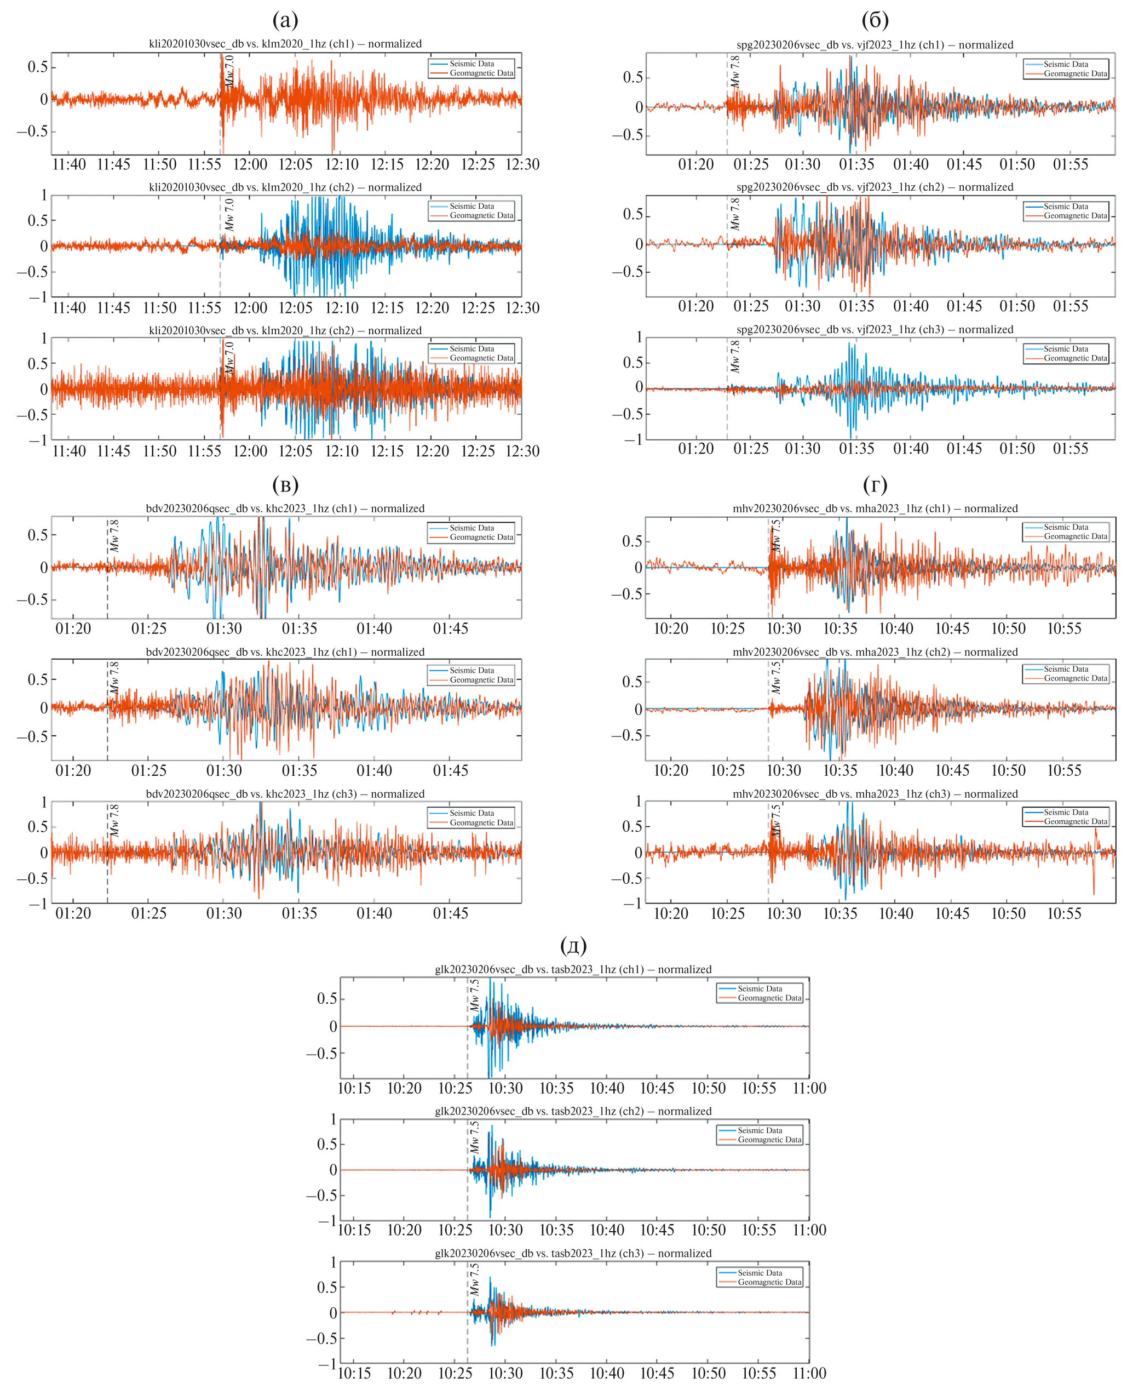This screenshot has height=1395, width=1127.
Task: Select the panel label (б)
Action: point(875,21)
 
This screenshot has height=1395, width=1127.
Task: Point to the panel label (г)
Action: point(875,484)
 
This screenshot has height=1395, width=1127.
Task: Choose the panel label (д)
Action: point(573,946)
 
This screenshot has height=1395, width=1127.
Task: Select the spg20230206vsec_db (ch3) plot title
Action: point(875,329)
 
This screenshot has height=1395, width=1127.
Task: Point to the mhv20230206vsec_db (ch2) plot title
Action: point(875,651)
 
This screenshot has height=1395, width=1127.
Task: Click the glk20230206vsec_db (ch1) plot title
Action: point(573,969)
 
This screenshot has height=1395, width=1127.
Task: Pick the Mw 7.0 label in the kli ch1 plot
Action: point(229,71)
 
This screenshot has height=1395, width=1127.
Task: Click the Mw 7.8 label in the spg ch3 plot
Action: point(734,356)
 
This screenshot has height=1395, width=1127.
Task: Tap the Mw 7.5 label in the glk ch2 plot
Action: point(475,1137)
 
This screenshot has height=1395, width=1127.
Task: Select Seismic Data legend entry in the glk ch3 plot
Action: point(760,1273)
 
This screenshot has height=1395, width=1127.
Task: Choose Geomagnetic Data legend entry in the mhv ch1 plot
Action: point(1075,536)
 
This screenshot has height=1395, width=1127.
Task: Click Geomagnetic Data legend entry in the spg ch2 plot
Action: point(1075,216)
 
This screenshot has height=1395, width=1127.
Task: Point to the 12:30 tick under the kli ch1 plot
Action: point(522,164)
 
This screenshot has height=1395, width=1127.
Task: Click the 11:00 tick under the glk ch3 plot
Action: point(809,1373)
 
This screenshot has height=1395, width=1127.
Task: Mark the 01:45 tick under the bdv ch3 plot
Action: point(451,913)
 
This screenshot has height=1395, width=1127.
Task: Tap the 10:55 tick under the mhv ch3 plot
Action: point(1064,913)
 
